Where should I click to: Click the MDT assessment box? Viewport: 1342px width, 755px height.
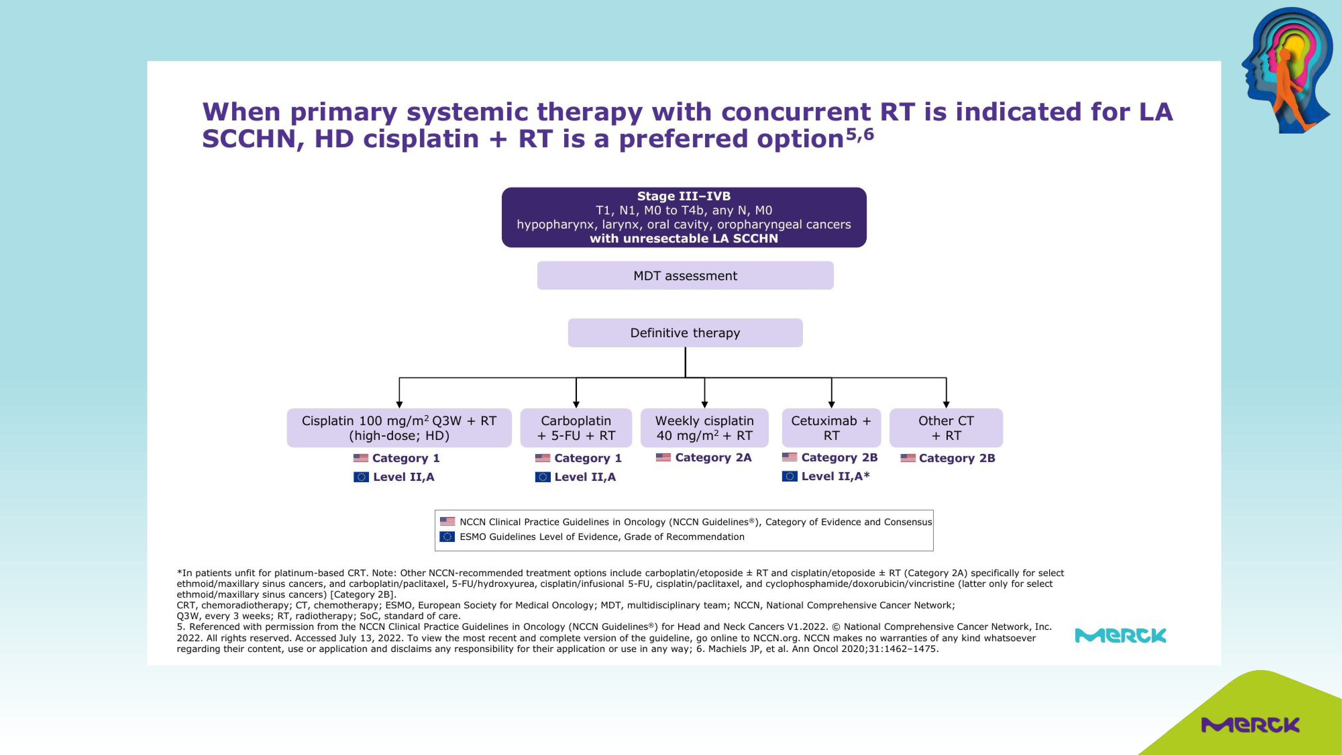(x=685, y=275)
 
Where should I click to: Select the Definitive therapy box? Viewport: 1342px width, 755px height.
(x=685, y=333)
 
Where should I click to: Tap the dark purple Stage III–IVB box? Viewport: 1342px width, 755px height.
(x=684, y=217)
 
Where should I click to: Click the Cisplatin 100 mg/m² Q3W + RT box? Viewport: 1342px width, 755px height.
(x=399, y=428)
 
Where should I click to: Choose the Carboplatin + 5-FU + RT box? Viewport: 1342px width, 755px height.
(x=576, y=428)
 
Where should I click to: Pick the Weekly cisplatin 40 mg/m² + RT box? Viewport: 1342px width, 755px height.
(x=704, y=428)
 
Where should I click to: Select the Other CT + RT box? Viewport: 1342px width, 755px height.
(x=946, y=428)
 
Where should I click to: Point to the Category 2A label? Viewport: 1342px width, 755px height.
(x=713, y=457)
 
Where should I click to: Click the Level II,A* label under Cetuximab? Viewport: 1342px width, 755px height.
(x=836, y=476)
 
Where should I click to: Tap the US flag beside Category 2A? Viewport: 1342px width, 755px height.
(x=663, y=457)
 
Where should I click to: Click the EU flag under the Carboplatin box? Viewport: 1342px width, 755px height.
(x=543, y=477)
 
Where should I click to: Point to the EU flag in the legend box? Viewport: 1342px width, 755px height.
(x=447, y=537)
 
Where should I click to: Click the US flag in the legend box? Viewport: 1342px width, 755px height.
(x=447, y=521)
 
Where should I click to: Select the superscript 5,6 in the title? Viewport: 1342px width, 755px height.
(x=860, y=135)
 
